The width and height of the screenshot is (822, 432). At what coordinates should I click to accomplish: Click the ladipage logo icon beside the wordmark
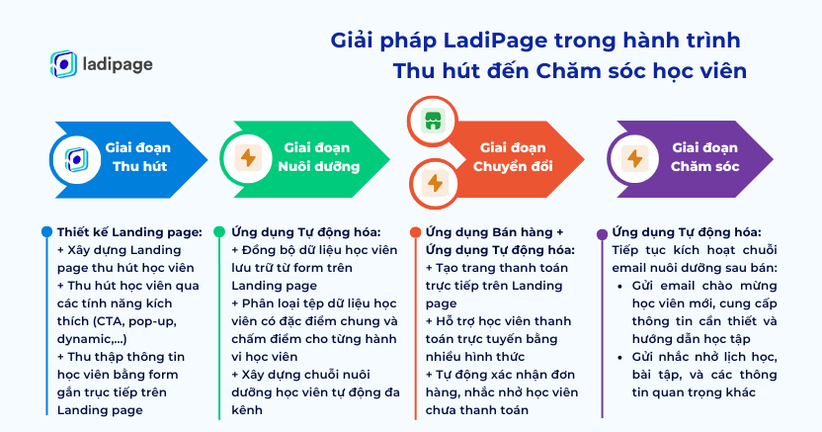(63, 64)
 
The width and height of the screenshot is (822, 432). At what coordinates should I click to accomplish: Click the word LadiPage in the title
(495, 41)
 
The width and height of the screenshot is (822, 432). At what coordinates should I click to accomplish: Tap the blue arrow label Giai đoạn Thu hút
(139, 157)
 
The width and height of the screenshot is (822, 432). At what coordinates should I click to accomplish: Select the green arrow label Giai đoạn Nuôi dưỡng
(318, 157)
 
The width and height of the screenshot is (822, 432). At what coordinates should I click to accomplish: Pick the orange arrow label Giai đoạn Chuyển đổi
(513, 157)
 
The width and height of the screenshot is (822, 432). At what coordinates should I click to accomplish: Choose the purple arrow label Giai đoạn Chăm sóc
(704, 157)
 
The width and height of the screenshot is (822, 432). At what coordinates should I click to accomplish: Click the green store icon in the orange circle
(433, 121)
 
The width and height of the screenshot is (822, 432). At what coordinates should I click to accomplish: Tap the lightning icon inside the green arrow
(248, 158)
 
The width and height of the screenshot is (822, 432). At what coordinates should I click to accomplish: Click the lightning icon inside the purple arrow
(635, 158)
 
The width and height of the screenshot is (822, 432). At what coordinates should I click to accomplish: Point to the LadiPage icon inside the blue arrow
(76, 159)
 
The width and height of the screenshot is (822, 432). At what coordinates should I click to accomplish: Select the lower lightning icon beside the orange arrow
(435, 184)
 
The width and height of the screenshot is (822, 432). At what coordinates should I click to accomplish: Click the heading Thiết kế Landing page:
(129, 232)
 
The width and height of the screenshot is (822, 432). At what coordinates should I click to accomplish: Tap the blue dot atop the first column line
(46, 231)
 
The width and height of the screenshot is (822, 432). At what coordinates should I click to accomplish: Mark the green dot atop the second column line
(219, 231)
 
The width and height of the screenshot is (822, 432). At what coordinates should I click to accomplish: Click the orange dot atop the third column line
(416, 232)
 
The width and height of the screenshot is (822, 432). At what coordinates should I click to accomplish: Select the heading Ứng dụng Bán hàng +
(494, 232)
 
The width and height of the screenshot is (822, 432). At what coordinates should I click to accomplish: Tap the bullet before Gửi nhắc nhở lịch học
(620, 358)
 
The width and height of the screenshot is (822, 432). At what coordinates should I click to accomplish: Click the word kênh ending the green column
(246, 410)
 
